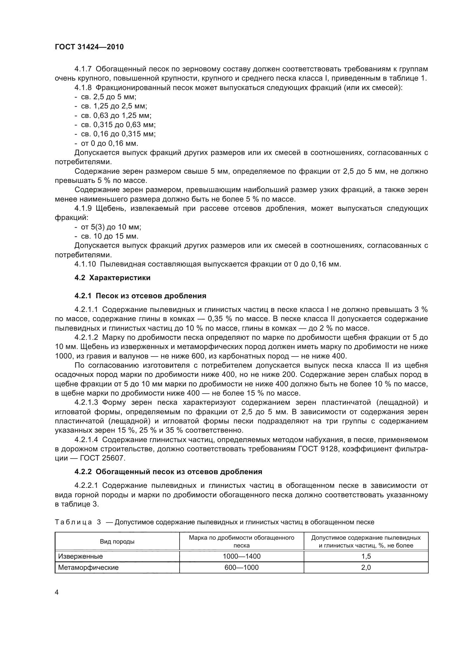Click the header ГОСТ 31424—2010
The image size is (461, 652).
[89, 47]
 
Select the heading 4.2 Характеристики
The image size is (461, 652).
[112, 278]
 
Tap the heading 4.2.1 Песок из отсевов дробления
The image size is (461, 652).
[140, 296]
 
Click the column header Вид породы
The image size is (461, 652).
[117, 542]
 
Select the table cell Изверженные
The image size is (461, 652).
[80, 556]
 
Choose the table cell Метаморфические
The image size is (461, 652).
[88, 568]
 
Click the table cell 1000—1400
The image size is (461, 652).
[242, 556]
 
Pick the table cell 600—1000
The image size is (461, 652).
[242, 568]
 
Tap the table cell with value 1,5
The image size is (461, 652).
[366, 556]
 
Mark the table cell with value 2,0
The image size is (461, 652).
[366, 568]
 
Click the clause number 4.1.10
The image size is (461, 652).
[85, 264]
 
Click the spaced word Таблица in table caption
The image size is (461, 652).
[73, 522]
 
